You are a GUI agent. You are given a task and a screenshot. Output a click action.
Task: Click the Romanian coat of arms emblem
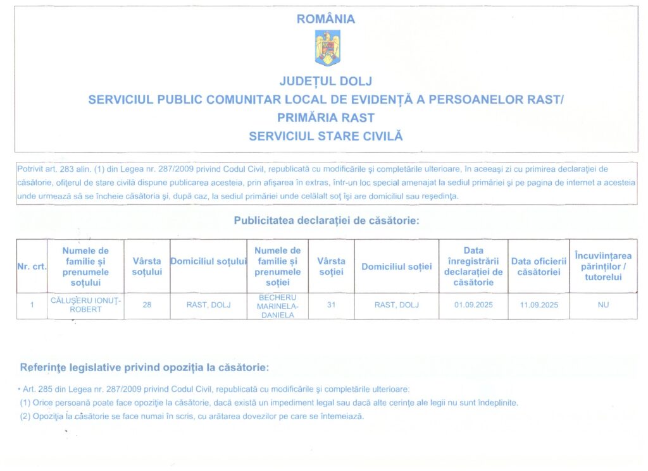pyautogui.click(x=327, y=49)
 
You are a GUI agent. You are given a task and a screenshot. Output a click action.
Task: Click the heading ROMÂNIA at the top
pyautogui.click(x=326, y=19)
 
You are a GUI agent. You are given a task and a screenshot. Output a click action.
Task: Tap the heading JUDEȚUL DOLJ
pyautogui.click(x=326, y=81)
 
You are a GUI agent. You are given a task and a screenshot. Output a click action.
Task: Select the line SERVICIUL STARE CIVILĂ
pyautogui.click(x=326, y=136)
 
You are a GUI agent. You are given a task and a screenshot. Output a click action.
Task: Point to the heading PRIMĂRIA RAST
pyautogui.click(x=326, y=118)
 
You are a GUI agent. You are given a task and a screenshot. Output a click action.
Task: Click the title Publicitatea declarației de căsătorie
pyautogui.click(x=327, y=221)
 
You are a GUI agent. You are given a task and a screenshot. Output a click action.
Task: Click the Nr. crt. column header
pyautogui.click(x=32, y=266)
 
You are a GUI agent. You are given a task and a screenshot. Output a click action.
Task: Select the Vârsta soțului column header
pyautogui.click(x=147, y=266)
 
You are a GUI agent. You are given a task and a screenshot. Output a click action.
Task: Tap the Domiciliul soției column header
pyautogui.click(x=397, y=266)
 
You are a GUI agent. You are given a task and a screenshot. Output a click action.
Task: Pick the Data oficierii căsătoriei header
pyautogui.click(x=539, y=266)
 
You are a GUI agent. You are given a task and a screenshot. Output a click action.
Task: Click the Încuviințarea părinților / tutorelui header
pyautogui.click(x=603, y=266)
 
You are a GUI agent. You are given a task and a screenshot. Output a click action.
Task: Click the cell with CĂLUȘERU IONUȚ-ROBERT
pyautogui.click(x=85, y=305)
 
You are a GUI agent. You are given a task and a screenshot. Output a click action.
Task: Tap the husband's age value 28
pyautogui.click(x=147, y=305)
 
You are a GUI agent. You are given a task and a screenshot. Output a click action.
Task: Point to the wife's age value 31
pyautogui.click(x=331, y=305)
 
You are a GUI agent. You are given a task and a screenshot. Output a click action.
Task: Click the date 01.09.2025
pyautogui.click(x=473, y=305)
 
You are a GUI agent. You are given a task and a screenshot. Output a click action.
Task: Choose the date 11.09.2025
pyautogui.click(x=539, y=305)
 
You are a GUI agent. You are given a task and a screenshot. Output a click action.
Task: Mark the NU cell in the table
pyautogui.click(x=603, y=305)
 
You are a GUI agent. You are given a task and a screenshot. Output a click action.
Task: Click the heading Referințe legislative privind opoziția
pyautogui.click(x=144, y=367)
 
